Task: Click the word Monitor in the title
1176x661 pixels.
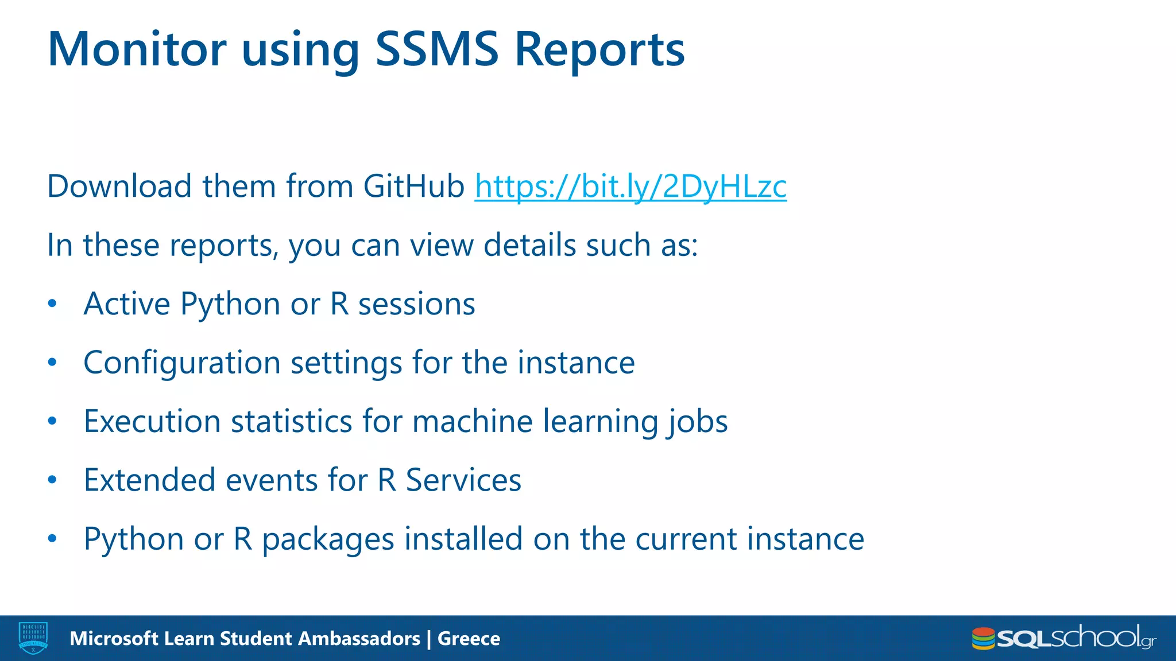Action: point(137,49)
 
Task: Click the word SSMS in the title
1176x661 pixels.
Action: point(436,49)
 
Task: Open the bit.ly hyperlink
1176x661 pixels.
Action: point(630,186)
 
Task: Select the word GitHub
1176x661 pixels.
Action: point(413,186)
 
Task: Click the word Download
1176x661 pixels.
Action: point(119,186)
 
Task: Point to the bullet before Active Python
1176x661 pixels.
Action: point(52,304)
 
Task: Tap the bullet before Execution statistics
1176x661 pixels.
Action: point(52,421)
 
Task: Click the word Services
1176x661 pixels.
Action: point(463,480)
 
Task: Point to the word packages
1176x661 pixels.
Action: point(328,539)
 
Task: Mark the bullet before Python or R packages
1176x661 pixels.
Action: point(52,539)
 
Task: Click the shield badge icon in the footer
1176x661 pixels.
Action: point(33,638)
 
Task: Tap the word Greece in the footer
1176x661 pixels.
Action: point(469,639)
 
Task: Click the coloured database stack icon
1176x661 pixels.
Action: point(982,639)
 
